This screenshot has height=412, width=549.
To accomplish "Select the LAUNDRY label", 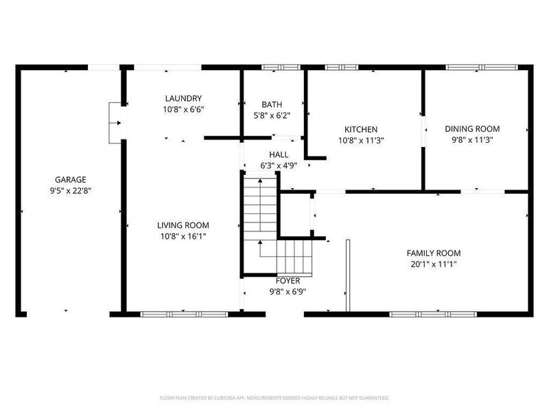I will (x=183, y=98).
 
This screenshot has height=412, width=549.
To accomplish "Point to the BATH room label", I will (x=271, y=105).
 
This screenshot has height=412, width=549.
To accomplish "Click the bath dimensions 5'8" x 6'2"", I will (x=271, y=116).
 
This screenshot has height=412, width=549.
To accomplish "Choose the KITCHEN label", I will (x=361, y=129).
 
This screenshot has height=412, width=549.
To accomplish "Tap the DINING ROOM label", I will (x=472, y=128).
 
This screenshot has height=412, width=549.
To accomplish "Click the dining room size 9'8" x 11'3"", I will (x=472, y=139).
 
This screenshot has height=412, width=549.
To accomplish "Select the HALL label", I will (x=279, y=155).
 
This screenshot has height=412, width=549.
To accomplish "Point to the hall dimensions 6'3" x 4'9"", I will (x=279, y=166).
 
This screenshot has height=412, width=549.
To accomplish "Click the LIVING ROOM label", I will (x=183, y=225).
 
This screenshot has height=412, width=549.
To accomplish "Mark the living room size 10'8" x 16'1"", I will (x=183, y=236).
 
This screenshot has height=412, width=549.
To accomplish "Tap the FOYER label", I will (x=288, y=281).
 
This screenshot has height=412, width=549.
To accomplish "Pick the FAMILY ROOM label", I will (x=433, y=253).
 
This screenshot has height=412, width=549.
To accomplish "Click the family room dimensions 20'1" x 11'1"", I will (x=433, y=264).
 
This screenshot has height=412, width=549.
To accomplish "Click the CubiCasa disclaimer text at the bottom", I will (x=274, y=398).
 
